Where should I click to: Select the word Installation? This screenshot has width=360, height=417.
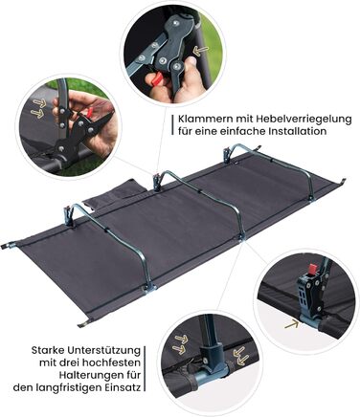pos(300,131)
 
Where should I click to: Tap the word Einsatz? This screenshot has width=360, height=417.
pos(123,387)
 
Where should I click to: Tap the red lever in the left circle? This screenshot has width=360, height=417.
pos(90,112)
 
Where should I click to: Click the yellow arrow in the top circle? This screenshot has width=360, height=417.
pos(201,51)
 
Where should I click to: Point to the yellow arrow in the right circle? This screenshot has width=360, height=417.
pos(291,324)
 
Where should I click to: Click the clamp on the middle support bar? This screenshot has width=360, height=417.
pos(157,182)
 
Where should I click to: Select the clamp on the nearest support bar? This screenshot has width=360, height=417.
pos(68,214)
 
